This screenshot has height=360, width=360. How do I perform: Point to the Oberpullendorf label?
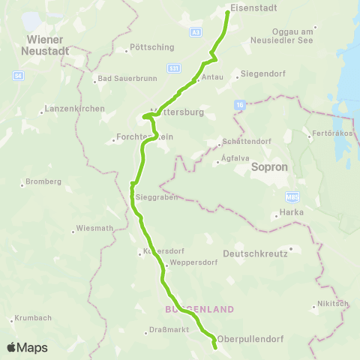tap(251, 338)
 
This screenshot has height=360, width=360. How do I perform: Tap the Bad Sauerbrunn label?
tap(120, 79)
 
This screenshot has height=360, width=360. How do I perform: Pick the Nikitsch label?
tap(333, 304)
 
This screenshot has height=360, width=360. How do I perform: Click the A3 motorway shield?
tap(196, 32)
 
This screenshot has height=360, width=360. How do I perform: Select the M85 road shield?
tap(292, 196)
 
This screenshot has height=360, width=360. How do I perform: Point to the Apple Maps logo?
tap(27, 347)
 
